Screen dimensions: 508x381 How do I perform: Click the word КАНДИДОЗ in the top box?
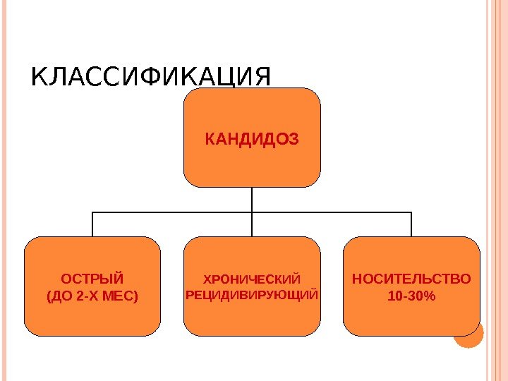252,138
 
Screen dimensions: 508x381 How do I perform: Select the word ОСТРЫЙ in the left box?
92,277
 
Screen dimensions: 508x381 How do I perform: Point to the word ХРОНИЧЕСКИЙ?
252,278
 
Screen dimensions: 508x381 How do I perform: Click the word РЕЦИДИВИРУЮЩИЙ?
252,293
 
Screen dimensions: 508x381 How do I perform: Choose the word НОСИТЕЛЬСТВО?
411,278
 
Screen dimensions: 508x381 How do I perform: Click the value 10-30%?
411,296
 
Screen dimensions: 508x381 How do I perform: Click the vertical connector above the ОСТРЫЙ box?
92,224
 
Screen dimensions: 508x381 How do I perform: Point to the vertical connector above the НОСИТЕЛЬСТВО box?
411,224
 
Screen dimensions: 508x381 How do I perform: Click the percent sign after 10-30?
430,296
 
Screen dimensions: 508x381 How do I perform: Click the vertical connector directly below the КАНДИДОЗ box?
252,199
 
